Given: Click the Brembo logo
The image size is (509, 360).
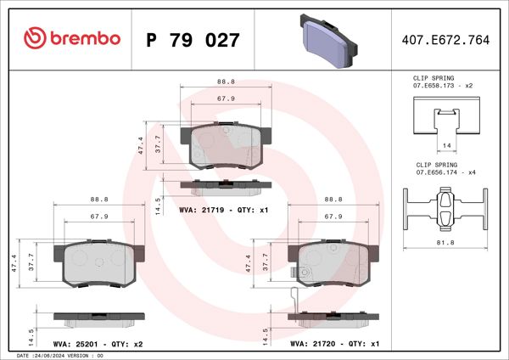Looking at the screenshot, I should (71, 38).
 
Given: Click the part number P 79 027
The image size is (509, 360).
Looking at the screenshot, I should (193, 39).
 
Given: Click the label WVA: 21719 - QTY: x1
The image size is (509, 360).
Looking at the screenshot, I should (224, 209).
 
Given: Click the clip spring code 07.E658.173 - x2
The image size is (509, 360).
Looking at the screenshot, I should (441, 87).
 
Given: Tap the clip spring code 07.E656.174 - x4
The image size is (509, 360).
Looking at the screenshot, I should (441, 173).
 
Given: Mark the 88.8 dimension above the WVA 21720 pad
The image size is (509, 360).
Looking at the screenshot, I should (333, 200).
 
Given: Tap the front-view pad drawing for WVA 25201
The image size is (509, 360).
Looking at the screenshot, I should (98, 264).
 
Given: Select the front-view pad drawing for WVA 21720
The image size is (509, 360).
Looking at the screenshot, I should (333, 264).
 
